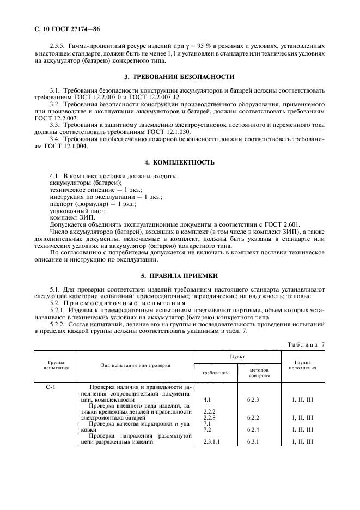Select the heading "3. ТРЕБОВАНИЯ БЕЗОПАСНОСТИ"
(x=180, y=77)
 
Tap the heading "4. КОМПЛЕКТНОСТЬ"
(x=180, y=162)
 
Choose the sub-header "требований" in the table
(x=215, y=372)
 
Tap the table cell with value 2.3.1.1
(x=211, y=442)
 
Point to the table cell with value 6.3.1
(x=253, y=442)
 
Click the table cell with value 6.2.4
(x=253, y=429)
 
